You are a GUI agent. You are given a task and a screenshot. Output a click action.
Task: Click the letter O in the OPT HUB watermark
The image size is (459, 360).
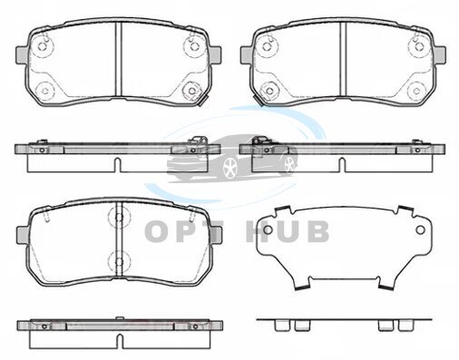159,231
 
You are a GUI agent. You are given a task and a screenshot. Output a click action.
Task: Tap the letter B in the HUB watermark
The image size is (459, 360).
318,231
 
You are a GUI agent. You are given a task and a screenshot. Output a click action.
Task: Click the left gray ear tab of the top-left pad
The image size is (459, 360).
22,55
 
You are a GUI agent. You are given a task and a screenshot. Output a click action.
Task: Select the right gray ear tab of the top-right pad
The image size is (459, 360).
440,55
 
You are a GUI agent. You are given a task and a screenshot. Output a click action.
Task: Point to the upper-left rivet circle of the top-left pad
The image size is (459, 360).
43,46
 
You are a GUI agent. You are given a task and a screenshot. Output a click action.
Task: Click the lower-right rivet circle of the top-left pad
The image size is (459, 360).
192,91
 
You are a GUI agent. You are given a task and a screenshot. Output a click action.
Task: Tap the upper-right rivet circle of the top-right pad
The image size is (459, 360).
418,46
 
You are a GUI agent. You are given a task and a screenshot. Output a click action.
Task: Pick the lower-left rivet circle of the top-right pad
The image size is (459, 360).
269,91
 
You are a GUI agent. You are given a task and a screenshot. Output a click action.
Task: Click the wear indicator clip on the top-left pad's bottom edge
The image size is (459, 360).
203,102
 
